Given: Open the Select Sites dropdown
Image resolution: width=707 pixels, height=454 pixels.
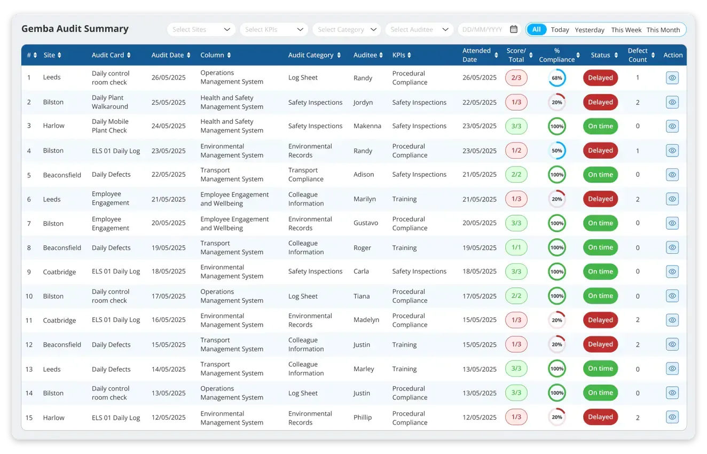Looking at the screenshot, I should click(x=201, y=30).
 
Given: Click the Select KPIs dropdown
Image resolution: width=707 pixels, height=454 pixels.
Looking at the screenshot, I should click(x=274, y=30).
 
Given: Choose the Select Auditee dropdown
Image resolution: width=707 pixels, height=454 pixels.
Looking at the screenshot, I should click(x=419, y=30).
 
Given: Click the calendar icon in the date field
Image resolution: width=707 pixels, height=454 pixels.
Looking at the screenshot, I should click(x=514, y=29).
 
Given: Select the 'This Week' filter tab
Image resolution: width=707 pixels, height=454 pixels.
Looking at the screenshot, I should click(x=626, y=30).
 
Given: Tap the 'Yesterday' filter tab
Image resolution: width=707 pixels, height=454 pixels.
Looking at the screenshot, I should click(x=590, y=30).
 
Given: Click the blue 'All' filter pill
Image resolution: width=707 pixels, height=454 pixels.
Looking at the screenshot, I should click(x=537, y=29).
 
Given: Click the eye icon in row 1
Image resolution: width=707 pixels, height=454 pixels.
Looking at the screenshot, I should click(x=672, y=78).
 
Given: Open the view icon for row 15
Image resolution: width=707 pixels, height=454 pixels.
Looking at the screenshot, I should click(x=672, y=417).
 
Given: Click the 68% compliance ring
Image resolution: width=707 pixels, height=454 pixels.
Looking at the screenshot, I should click(x=557, y=78).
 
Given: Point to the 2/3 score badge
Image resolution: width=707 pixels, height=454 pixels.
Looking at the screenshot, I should click(x=516, y=78).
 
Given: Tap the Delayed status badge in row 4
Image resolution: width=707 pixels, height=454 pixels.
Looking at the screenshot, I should click(x=600, y=151).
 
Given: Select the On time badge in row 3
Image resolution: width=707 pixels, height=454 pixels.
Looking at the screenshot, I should click(x=600, y=126).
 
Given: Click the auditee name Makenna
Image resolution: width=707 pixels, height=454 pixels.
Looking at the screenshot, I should click(x=367, y=126).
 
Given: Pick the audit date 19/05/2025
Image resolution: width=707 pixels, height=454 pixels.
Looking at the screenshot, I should click(x=169, y=248).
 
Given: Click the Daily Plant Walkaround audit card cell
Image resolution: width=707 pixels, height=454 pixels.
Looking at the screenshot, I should click(x=110, y=102).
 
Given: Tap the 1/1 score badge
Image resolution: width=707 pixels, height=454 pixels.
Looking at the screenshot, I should click(x=516, y=247).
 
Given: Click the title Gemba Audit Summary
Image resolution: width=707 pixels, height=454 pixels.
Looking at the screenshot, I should click(x=75, y=29).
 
